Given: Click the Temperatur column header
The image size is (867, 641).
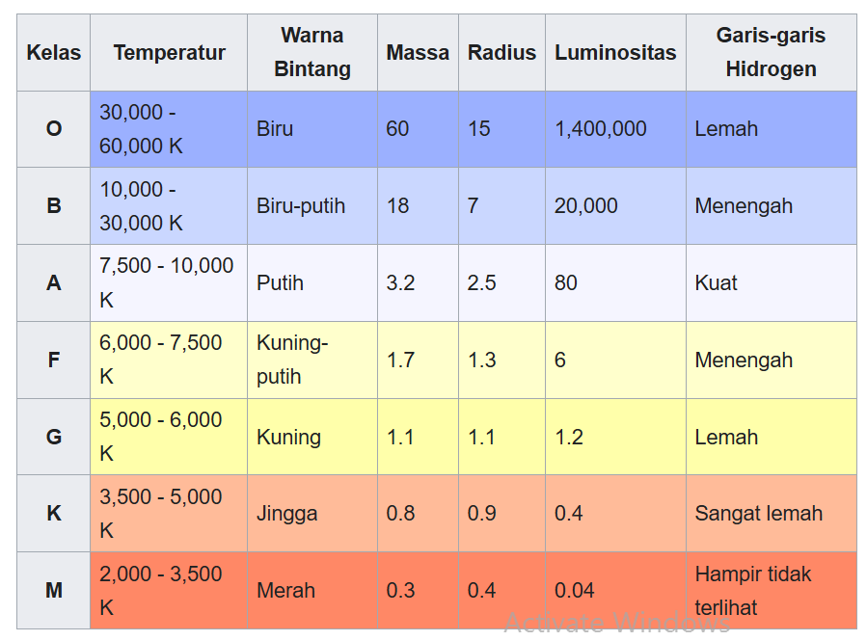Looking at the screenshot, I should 169,53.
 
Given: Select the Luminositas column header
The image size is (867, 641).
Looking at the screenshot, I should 615,53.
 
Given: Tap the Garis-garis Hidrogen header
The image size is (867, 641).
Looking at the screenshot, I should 771,53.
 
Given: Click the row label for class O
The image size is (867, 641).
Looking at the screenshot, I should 54,129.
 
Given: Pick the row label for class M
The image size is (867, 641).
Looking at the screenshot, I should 54,590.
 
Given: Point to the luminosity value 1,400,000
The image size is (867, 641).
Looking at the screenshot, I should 601,129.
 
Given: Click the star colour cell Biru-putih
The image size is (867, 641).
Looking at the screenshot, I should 301,206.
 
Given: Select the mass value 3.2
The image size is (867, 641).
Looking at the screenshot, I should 400,283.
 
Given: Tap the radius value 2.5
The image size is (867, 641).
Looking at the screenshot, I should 482,283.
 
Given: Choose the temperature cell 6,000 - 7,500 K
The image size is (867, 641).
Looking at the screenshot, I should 161,360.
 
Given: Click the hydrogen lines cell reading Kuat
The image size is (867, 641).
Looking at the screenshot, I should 716,283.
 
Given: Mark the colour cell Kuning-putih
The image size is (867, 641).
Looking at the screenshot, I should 292,360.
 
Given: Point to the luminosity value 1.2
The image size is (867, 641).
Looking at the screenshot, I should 569,437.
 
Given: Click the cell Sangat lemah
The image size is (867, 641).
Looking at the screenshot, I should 758,514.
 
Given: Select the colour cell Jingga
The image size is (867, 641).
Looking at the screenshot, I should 287,514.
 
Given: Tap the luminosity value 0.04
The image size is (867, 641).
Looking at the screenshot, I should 574,590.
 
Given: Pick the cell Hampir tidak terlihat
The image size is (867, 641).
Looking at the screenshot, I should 753,590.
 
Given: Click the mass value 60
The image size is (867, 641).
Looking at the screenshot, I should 397,129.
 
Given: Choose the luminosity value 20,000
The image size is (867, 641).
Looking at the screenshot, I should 586,206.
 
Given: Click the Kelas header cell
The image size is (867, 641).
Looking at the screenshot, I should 54,53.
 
